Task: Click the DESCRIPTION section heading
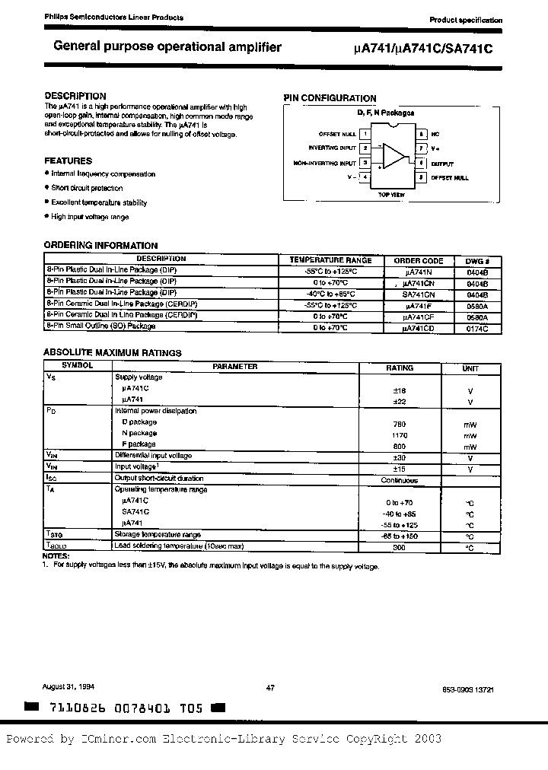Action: tap(75, 96)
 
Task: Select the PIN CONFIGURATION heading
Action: tap(330, 98)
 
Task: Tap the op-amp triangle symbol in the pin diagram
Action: tap(393, 155)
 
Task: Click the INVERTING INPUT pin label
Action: tap(332, 148)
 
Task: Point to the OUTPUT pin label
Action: tap(442, 164)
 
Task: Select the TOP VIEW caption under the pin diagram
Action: tap(393, 195)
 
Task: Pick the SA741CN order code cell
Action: tap(419, 293)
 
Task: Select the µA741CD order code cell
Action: tap(419, 327)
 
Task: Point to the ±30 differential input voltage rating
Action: tap(399, 457)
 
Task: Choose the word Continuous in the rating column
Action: tap(399, 480)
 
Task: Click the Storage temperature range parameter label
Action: tap(158, 536)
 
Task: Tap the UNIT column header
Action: tap(470, 367)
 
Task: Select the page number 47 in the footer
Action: tap(269, 688)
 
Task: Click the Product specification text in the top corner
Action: tap(465, 20)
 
